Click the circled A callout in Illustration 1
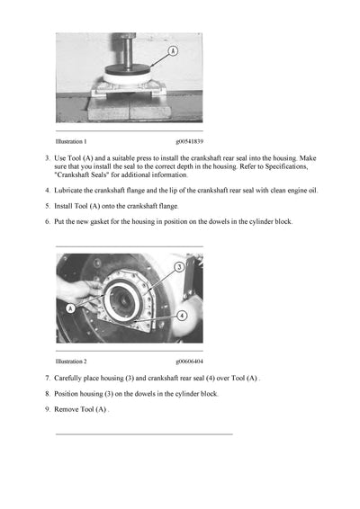pyautogui.click(x=172, y=53)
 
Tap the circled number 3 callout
pyautogui.click(x=179, y=267)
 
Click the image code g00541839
pyautogui.click(x=189, y=142)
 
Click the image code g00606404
pyautogui.click(x=189, y=361)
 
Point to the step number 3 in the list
pyautogui.click(x=47, y=158)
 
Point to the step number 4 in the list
pyautogui.click(x=47, y=191)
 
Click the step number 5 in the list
pyautogui.click(x=47, y=206)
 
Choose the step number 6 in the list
pyautogui.click(x=47, y=221)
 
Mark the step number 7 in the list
pyautogui.click(x=47, y=378)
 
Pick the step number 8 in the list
pyautogui.click(x=47, y=393)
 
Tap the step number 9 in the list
pyautogui.click(x=47, y=409)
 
